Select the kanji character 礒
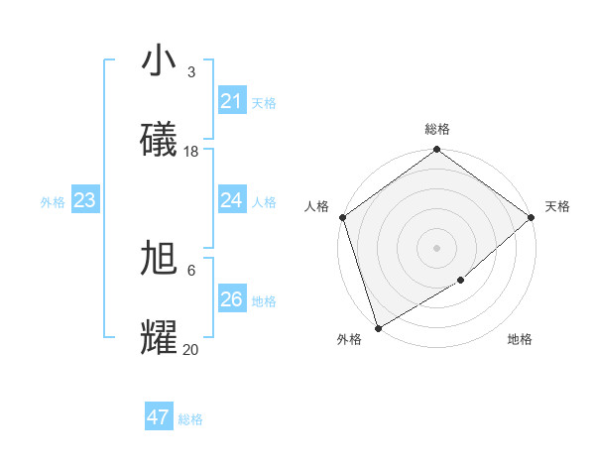click(x=160, y=140)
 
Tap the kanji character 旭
click(x=160, y=259)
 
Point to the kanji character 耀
click(x=160, y=337)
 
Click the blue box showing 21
click(x=231, y=101)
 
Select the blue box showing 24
click(x=231, y=200)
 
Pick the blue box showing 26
click(x=231, y=299)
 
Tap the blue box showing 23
click(x=84, y=200)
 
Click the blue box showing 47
click(x=159, y=417)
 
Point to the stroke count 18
click(x=191, y=152)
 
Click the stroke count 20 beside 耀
click(x=191, y=349)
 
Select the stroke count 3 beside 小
click(x=191, y=72)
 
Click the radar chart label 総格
click(x=437, y=129)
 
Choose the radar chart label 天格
click(x=557, y=206)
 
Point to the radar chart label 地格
click(x=520, y=339)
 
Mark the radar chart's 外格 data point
click(x=378, y=327)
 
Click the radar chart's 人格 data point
click(x=341, y=217)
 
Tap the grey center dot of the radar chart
click(x=436, y=248)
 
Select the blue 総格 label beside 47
click(x=190, y=419)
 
